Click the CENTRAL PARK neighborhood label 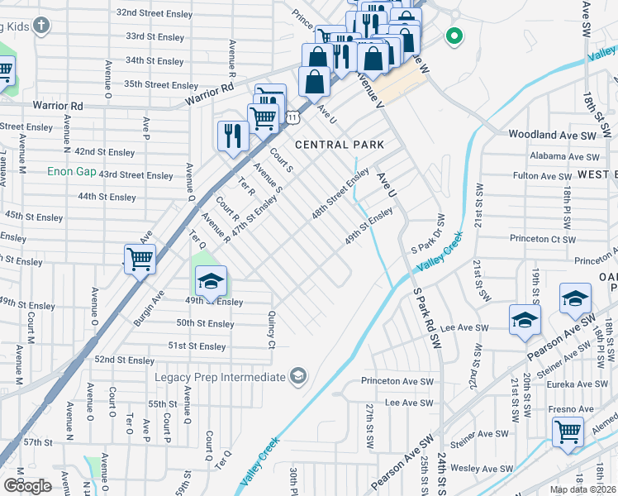[340, 145]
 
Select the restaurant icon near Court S [233, 135]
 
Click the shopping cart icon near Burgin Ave [140, 258]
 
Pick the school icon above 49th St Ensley [211, 281]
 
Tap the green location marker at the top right [453, 36]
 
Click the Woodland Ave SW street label [552, 134]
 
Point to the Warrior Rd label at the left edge [58, 106]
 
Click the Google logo [27, 486]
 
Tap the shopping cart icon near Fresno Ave [567, 430]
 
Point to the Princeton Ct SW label [542, 238]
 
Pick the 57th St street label [38, 442]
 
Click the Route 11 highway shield [292, 118]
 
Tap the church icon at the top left [42, 26]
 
